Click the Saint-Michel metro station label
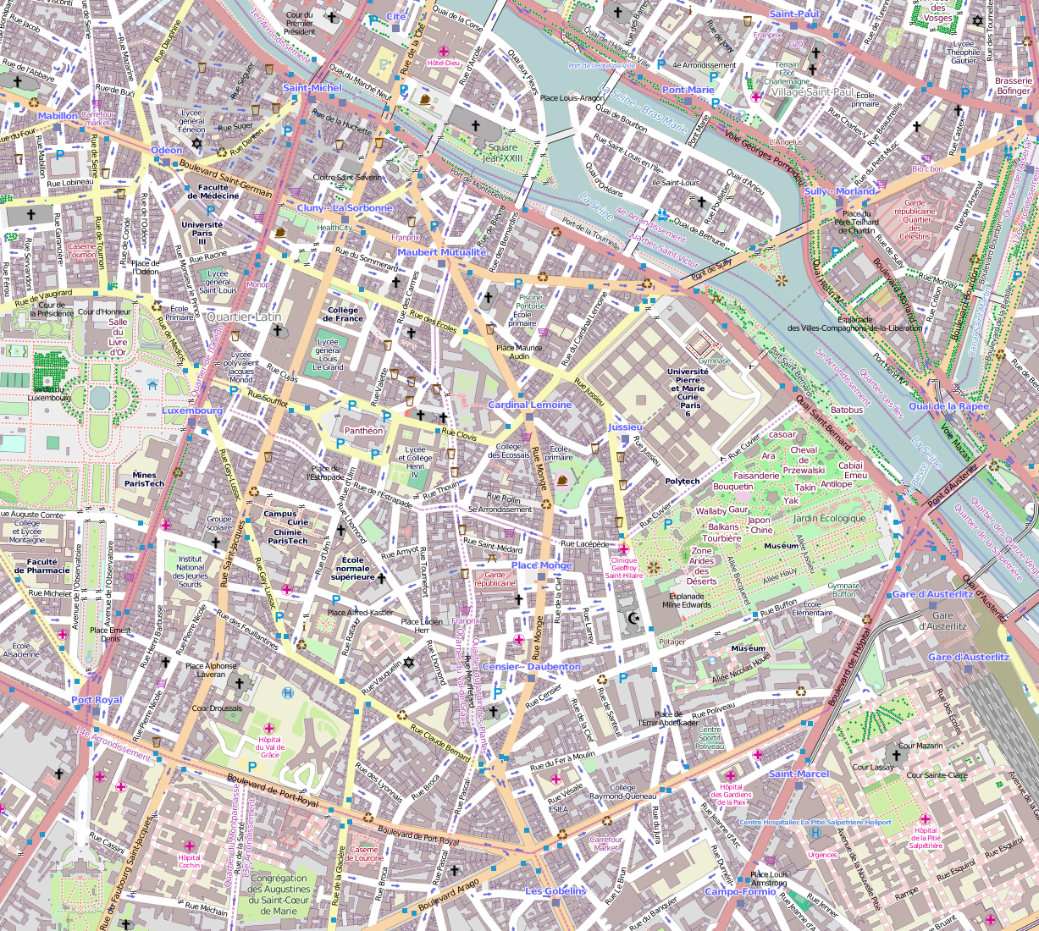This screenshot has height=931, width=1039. click(312, 88)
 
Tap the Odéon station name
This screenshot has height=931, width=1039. click(166, 151)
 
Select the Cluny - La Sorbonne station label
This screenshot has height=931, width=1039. click(345, 208)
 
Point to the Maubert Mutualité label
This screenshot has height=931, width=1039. click(441, 252)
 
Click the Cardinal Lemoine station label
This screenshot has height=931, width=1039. click(529, 405)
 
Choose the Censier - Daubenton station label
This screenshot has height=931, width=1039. click(531, 667)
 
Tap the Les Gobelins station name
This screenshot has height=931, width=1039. click(555, 891)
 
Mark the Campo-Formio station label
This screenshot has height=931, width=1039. click(740, 892)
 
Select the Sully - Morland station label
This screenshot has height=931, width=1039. click(839, 191)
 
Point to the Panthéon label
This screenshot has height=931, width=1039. click(364, 431)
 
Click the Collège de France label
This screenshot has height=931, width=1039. click(343, 314)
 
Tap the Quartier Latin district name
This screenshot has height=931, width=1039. click(244, 317)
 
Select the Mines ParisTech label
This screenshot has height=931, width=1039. click(145, 479)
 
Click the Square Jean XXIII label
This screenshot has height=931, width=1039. click(502, 152)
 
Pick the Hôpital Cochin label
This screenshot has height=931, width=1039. click(189, 861)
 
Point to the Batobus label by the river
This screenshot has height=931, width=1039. click(846, 410)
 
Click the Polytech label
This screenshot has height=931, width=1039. click(682, 481)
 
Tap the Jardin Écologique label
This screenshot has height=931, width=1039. click(830, 518)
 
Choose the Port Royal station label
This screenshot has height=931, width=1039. click(97, 700)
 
